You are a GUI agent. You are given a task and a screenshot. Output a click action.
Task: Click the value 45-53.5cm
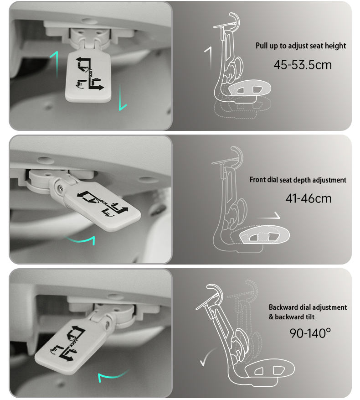point(303,65)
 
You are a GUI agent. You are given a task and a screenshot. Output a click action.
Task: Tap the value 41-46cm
point(308,198)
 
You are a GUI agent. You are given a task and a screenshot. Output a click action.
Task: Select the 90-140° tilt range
point(310,332)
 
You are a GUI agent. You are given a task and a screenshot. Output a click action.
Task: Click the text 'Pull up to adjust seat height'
point(301,46)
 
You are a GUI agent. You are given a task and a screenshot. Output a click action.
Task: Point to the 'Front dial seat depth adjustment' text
point(298,180)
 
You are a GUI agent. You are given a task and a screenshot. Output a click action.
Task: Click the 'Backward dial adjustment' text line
point(308,307)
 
